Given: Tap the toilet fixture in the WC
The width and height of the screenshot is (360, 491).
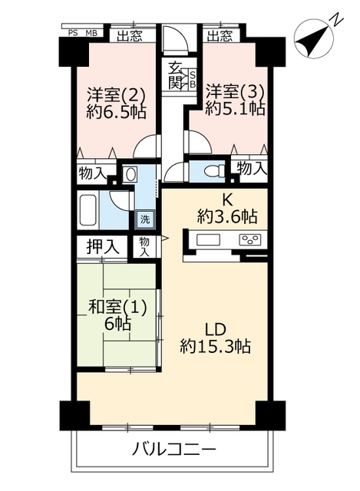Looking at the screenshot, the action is click(214, 172).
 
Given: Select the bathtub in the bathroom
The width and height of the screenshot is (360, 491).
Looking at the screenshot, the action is click(88, 210).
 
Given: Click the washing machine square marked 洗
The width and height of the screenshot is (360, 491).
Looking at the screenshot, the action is click(145, 219).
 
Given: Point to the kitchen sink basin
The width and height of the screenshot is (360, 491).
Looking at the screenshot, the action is click(208, 240).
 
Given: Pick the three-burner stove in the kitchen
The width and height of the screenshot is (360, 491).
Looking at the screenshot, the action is click(250, 240).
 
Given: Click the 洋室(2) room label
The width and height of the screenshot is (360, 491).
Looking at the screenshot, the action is click(116, 94).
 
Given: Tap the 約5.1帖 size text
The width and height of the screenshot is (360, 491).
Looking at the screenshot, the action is click(235, 108).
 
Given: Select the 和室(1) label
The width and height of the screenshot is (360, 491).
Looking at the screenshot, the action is click(117, 308).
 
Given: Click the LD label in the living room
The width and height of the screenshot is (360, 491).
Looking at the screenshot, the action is click(215, 329).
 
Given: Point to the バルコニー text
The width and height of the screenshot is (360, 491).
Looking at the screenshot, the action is click(174, 450).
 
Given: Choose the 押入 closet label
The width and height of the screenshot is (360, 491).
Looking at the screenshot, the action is click(103, 247).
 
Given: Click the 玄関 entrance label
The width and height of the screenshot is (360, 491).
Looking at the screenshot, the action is click(175, 75).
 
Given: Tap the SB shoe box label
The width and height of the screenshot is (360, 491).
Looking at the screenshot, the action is click(193, 79).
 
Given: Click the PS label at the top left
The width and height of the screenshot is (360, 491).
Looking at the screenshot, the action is click(73, 33).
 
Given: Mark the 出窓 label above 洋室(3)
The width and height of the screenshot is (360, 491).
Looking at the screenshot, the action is click(220, 36).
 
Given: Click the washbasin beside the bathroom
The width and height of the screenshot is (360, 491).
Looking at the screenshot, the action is click(129, 174).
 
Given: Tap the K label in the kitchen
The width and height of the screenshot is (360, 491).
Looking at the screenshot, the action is click(227, 199).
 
